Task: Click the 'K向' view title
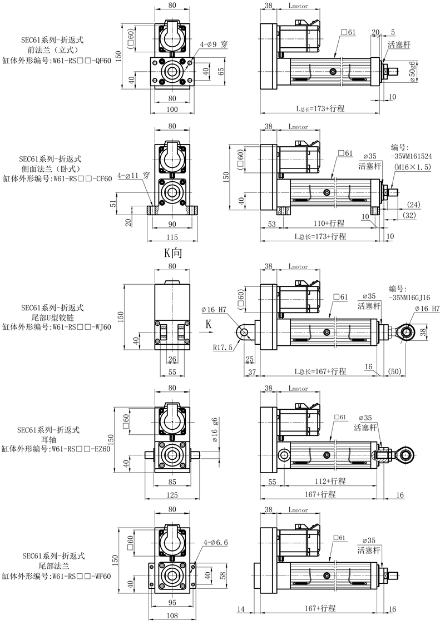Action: click(x=173, y=252)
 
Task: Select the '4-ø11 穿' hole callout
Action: click(x=133, y=175)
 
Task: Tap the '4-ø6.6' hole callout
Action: click(x=216, y=542)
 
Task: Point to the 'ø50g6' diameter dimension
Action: click(x=413, y=72)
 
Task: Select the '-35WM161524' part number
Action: click(x=411, y=156)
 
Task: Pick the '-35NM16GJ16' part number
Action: click(x=409, y=297)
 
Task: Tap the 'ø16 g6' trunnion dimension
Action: click(x=214, y=429)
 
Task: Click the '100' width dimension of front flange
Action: click(x=172, y=109)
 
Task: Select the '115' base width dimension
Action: click(x=172, y=237)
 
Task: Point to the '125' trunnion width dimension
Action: click(x=172, y=494)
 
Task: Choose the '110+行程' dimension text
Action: click(x=329, y=223)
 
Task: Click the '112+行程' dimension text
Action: click(x=330, y=481)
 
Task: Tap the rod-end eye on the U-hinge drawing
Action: click(x=406, y=332)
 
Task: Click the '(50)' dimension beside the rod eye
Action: click(x=394, y=371)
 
